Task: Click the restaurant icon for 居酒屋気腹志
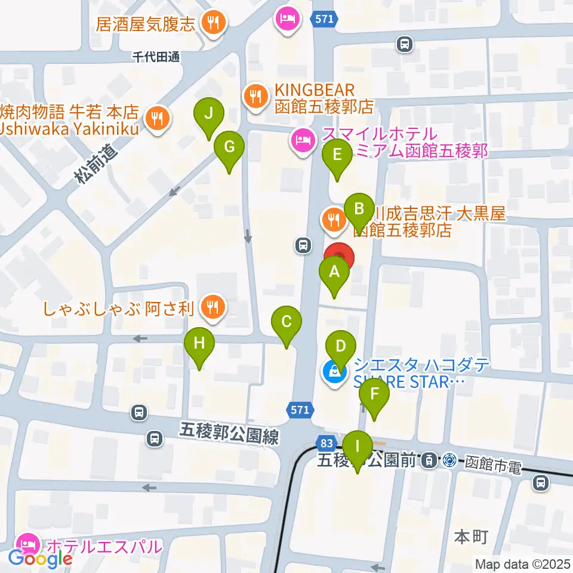click(x=212, y=24)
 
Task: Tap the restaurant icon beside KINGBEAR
click(x=255, y=95)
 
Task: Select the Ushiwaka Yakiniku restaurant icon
click(x=158, y=116)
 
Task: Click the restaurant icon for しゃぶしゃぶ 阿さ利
click(x=211, y=308)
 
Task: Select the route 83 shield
click(x=326, y=443)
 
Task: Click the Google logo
click(x=41, y=559)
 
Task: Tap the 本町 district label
click(x=471, y=537)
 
